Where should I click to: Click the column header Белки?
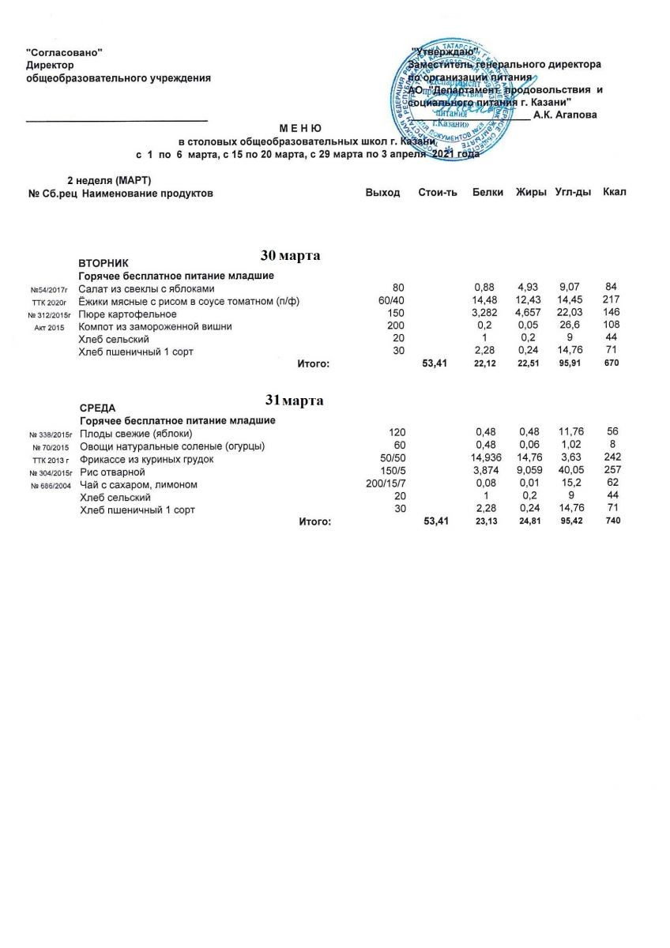[487, 193]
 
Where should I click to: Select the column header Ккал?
[614, 193]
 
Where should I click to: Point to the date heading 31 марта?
[293, 401]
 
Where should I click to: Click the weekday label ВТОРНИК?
[104, 262]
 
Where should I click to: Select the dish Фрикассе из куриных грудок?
[147, 459]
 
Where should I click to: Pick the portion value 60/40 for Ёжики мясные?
[390, 301]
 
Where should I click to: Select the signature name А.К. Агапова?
[565, 115]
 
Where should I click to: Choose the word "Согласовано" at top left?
[65, 52]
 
